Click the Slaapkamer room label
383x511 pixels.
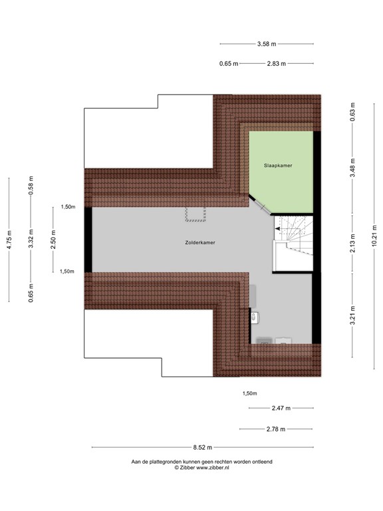click(280, 165)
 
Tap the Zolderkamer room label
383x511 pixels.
click(200, 243)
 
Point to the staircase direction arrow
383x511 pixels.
click(277, 230)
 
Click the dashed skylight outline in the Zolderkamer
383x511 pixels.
click(196, 214)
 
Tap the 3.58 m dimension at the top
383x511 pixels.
click(267, 45)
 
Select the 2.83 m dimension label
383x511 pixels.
click(275, 64)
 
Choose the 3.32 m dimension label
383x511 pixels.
click(31, 240)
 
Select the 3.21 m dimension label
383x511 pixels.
click(353, 315)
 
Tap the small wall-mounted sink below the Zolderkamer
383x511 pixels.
click(254, 318)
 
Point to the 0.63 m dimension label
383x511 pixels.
click(353, 111)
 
